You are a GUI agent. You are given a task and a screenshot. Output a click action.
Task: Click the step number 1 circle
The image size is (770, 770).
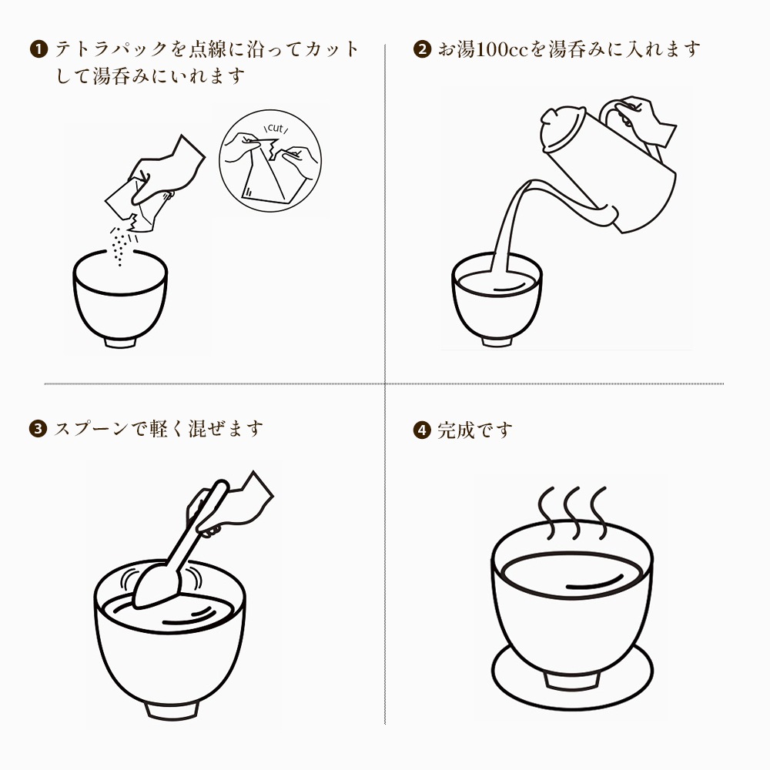pos(38,49)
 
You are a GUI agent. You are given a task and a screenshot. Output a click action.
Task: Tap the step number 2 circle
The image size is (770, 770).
pos(422,49)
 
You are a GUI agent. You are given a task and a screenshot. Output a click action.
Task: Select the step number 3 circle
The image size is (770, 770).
pos(38,429)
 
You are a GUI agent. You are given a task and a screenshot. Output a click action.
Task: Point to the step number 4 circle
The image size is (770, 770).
pos(422,430)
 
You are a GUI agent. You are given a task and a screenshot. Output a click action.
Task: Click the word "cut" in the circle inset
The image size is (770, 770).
pos(276,129)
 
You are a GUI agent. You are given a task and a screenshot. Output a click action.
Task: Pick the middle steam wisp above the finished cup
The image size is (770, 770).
pos(572,512)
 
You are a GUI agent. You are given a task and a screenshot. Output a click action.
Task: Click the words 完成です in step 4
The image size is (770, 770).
pos(475,430)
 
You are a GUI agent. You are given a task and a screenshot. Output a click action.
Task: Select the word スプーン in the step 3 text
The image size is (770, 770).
pos(91,429)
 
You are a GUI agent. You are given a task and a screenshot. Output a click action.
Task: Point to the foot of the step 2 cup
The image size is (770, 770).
pos(497,341)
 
